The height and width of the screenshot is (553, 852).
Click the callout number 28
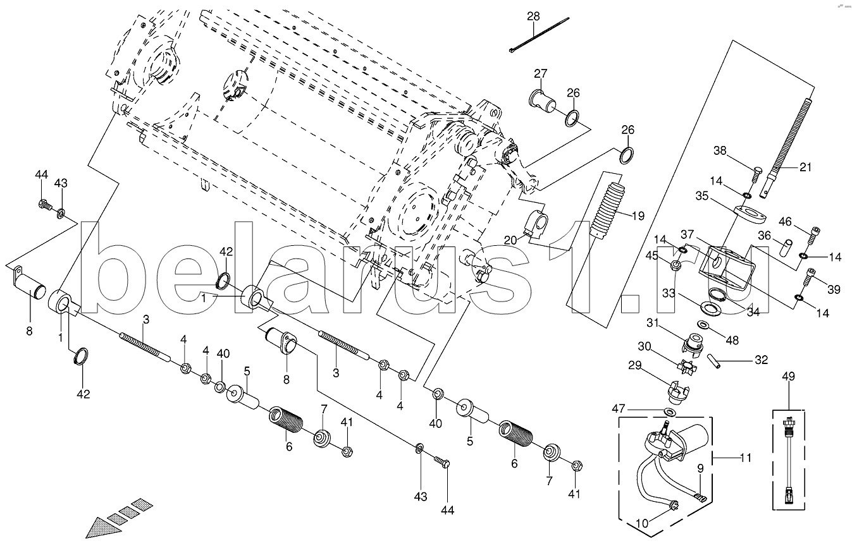(x=533, y=16)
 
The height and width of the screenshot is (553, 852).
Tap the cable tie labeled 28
(x=539, y=34)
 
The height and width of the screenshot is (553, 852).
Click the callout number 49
(x=788, y=376)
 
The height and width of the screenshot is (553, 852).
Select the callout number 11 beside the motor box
(x=746, y=458)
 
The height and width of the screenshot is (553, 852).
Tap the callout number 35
(x=702, y=196)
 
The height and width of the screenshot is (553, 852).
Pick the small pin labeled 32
(x=714, y=361)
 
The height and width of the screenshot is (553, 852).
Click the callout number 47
(x=619, y=409)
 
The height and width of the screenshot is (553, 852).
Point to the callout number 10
(x=642, y=523)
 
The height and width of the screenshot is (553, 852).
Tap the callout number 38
(x=720, y=150)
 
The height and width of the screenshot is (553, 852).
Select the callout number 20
(x=510, y=240)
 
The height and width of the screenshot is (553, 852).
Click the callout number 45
(x=651, y=256)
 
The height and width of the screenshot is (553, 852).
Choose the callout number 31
(x=652, y=323)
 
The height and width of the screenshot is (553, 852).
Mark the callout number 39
(x=834, y=289)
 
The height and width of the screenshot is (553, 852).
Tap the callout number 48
(x=732, y=340)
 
